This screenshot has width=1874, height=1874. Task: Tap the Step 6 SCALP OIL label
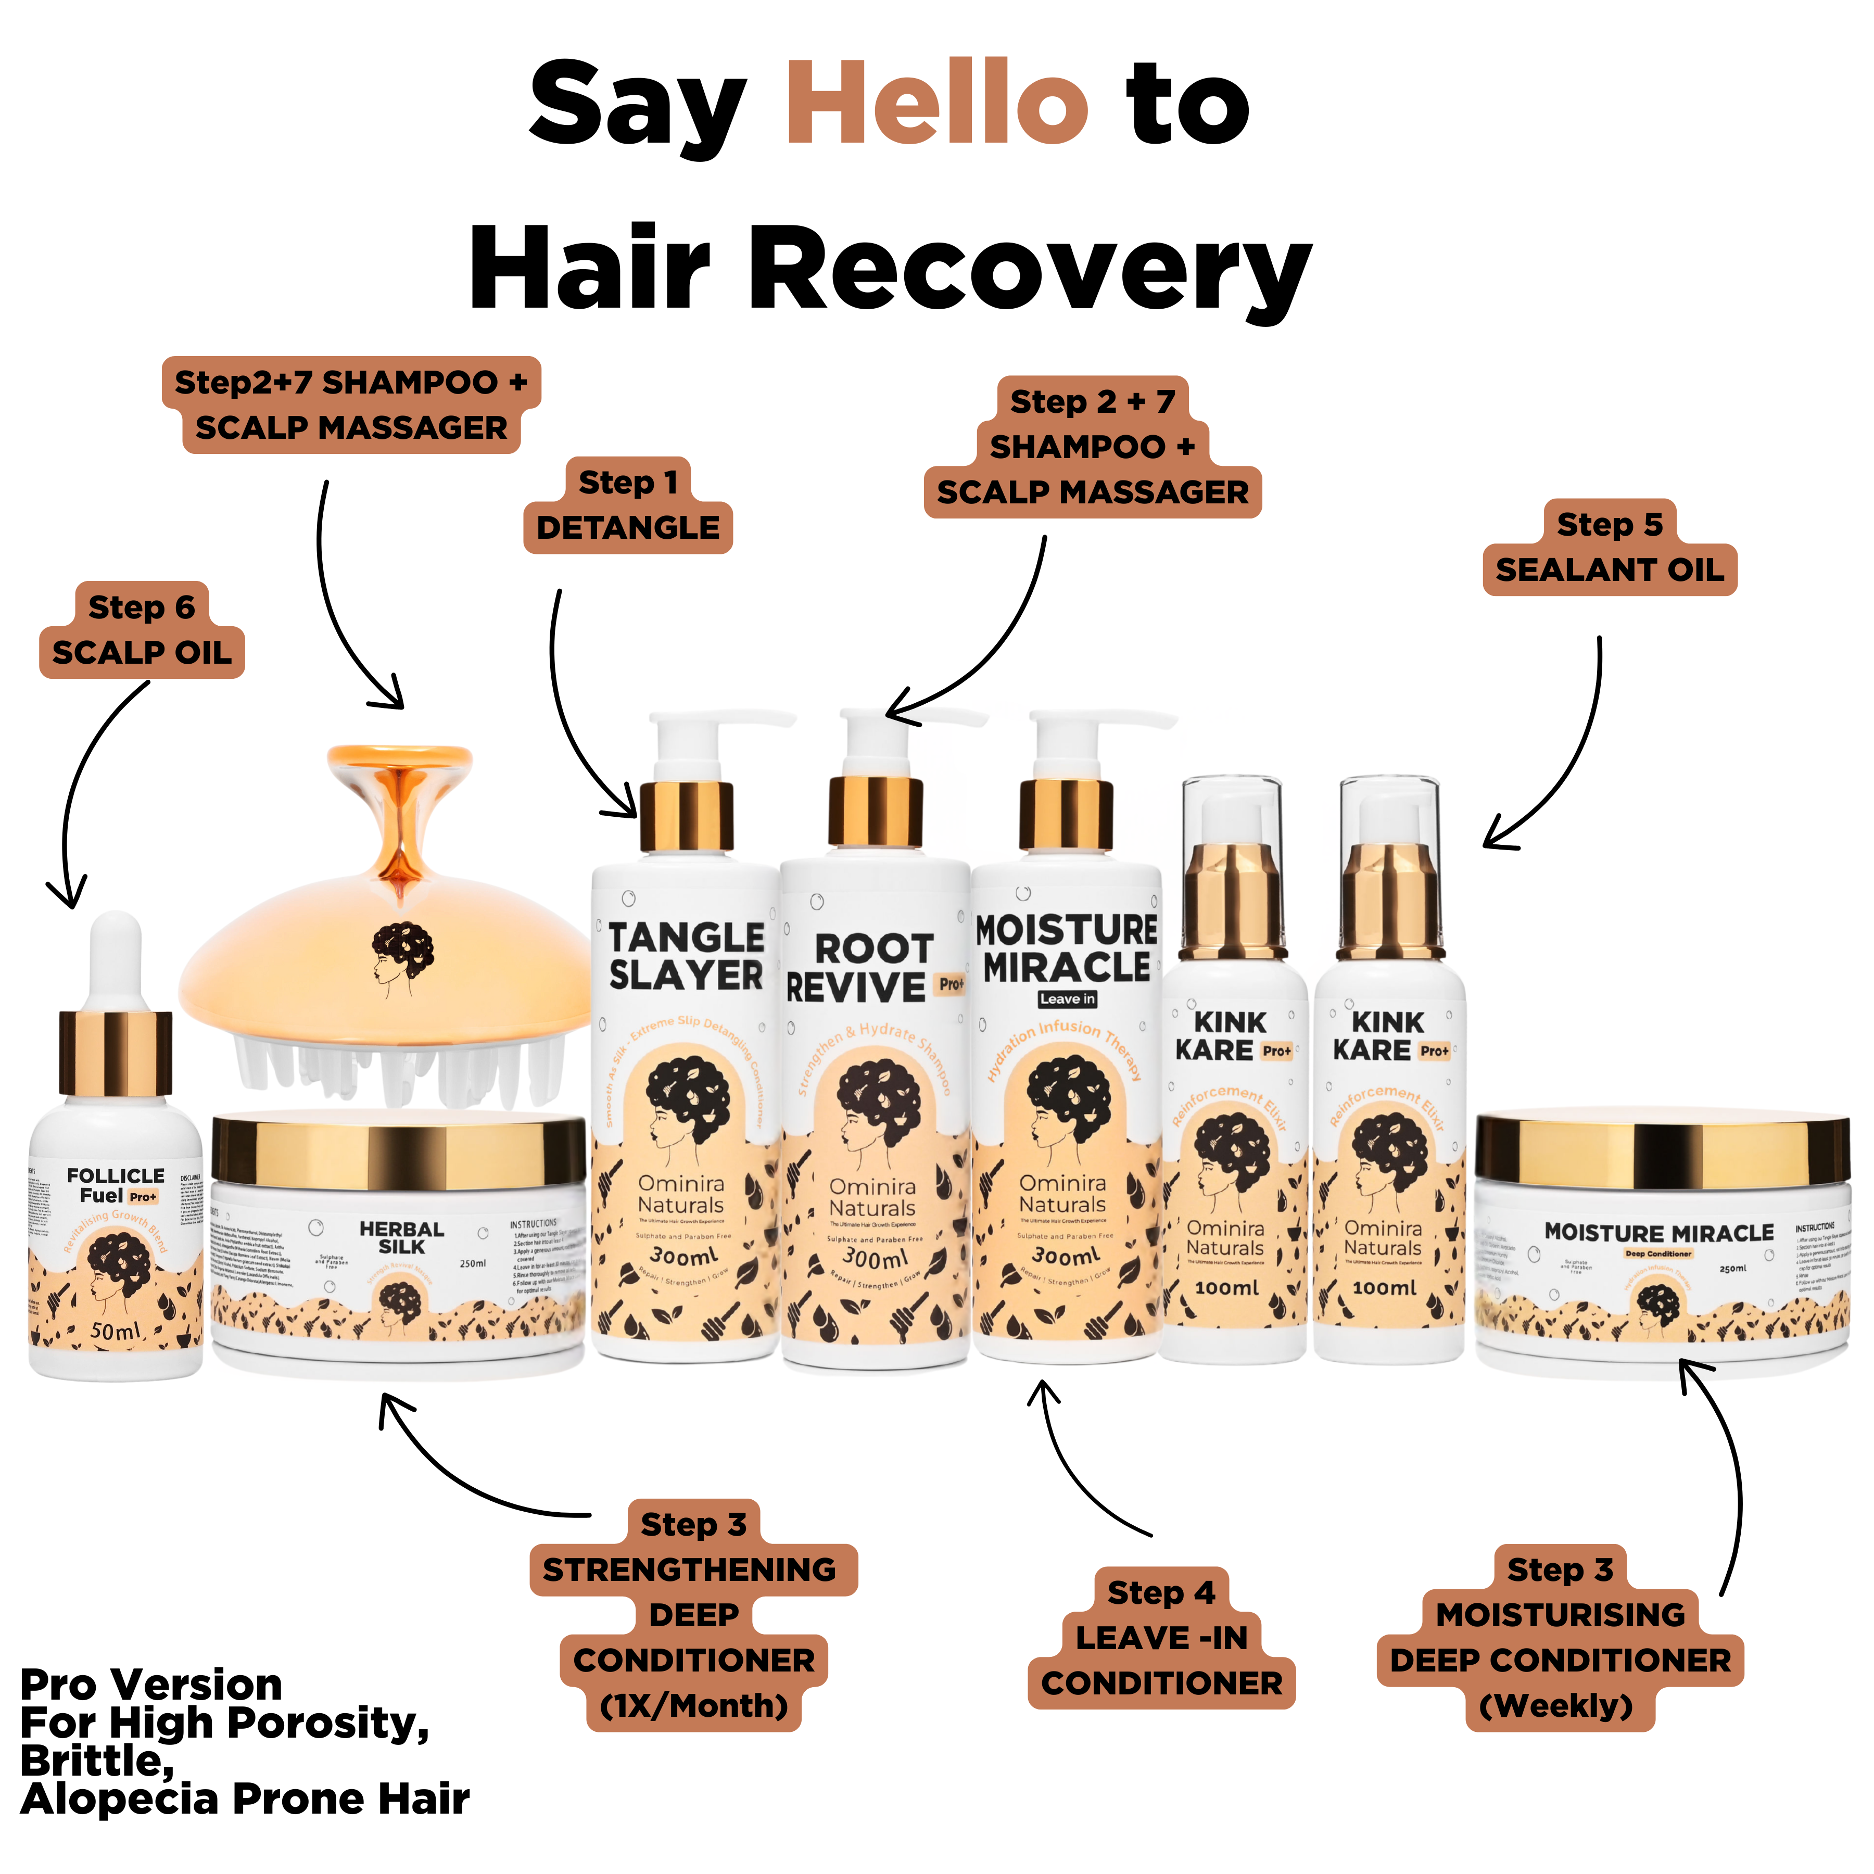click(x=142, y=629)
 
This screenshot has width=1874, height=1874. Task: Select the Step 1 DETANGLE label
click(x=628, y=505)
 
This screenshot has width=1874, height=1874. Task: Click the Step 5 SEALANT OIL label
click(x=1609, y=548)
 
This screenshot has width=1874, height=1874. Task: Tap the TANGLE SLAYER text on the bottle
click(x=686, y=956)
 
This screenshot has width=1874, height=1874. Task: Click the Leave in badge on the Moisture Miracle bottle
click(x=1067, y=999)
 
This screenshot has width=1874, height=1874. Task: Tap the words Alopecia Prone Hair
click(x=245, y=1800)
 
